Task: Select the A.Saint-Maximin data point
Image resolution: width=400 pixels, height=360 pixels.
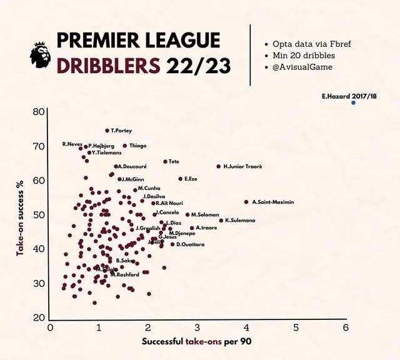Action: [x=246, y=202]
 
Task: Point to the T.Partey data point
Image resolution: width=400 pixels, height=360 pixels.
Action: [x=107, y=131]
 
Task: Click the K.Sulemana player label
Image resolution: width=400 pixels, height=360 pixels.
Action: [x=240, y=220]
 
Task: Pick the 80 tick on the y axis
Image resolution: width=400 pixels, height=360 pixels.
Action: [x=38, y=112]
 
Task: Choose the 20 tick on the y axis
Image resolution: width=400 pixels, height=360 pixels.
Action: [x=38, y=317]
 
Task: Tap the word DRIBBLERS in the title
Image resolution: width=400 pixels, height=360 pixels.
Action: [x=107, y=64]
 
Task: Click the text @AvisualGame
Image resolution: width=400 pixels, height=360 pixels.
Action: [x=303, y=67]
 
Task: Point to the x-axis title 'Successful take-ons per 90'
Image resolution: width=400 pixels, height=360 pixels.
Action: [x=196, y=342]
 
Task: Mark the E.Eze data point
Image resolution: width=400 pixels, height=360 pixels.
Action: [x=180, y=179]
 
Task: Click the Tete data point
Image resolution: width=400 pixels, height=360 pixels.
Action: [x=165, y=162]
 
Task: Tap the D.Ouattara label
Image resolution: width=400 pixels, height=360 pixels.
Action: [x=191, y=244]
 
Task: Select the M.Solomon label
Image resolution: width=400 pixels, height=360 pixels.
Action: [x=205, y=214]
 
